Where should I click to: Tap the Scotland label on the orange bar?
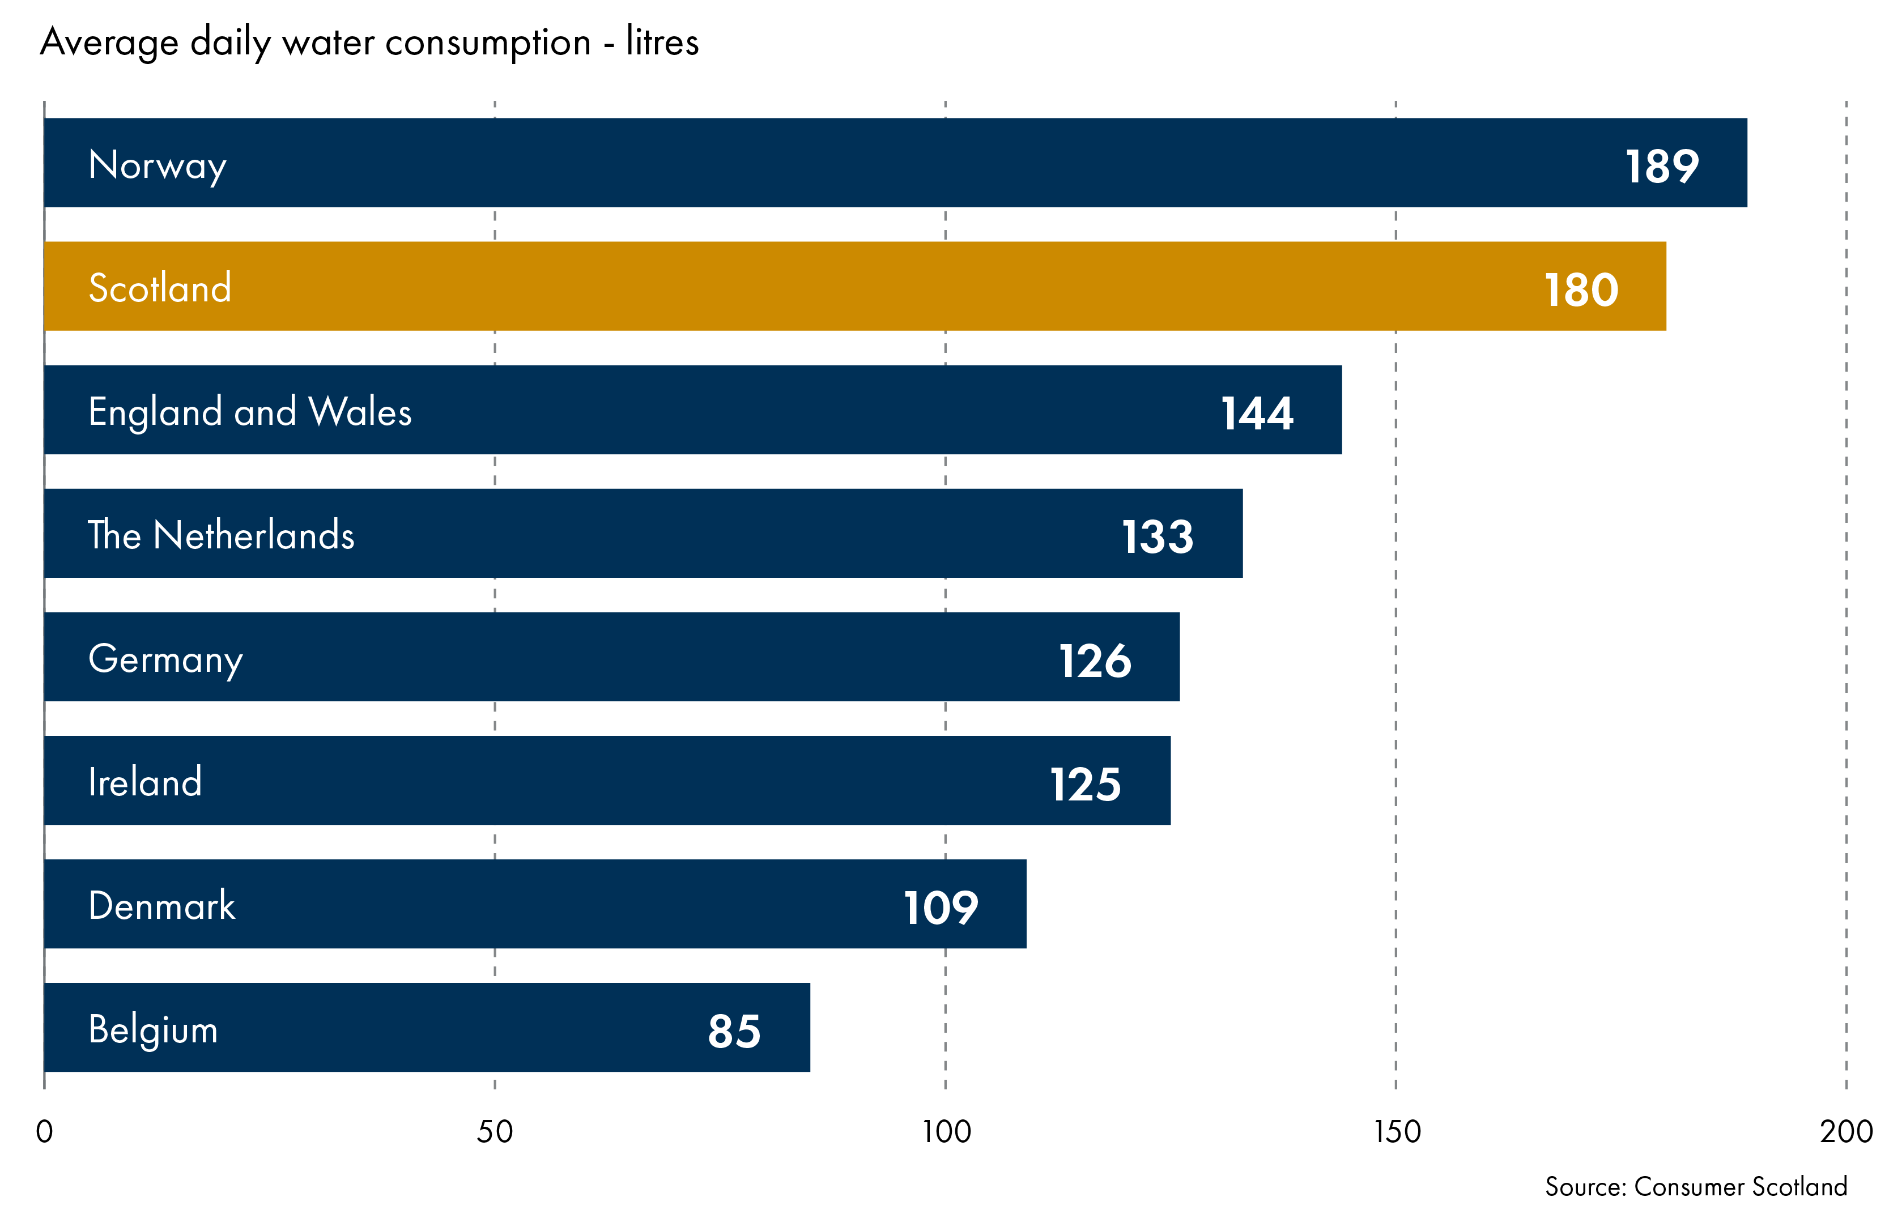[x=160, y=288]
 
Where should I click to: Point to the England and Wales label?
[x=249, y=412]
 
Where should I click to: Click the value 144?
[x=1257, y=414]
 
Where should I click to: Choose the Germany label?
[x=165, y=659]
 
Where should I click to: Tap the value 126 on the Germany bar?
[x=1095, y=661]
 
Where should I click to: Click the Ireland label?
[x=145, y=782]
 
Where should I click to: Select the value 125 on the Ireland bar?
[x=1085, y=785]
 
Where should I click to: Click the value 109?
[x=941, y=908]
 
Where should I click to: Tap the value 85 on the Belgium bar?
[x=734, y=1032]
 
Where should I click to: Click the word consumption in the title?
[x=487, y=42]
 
